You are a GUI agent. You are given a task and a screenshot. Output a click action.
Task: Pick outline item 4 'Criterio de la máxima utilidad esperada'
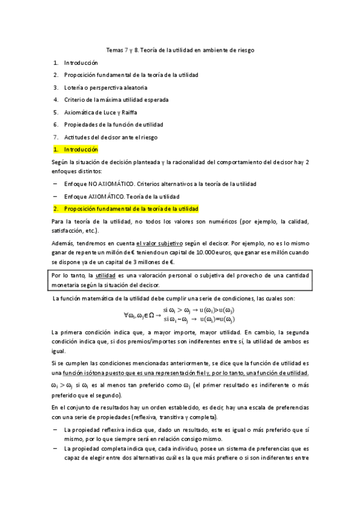[x=116, y=100]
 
